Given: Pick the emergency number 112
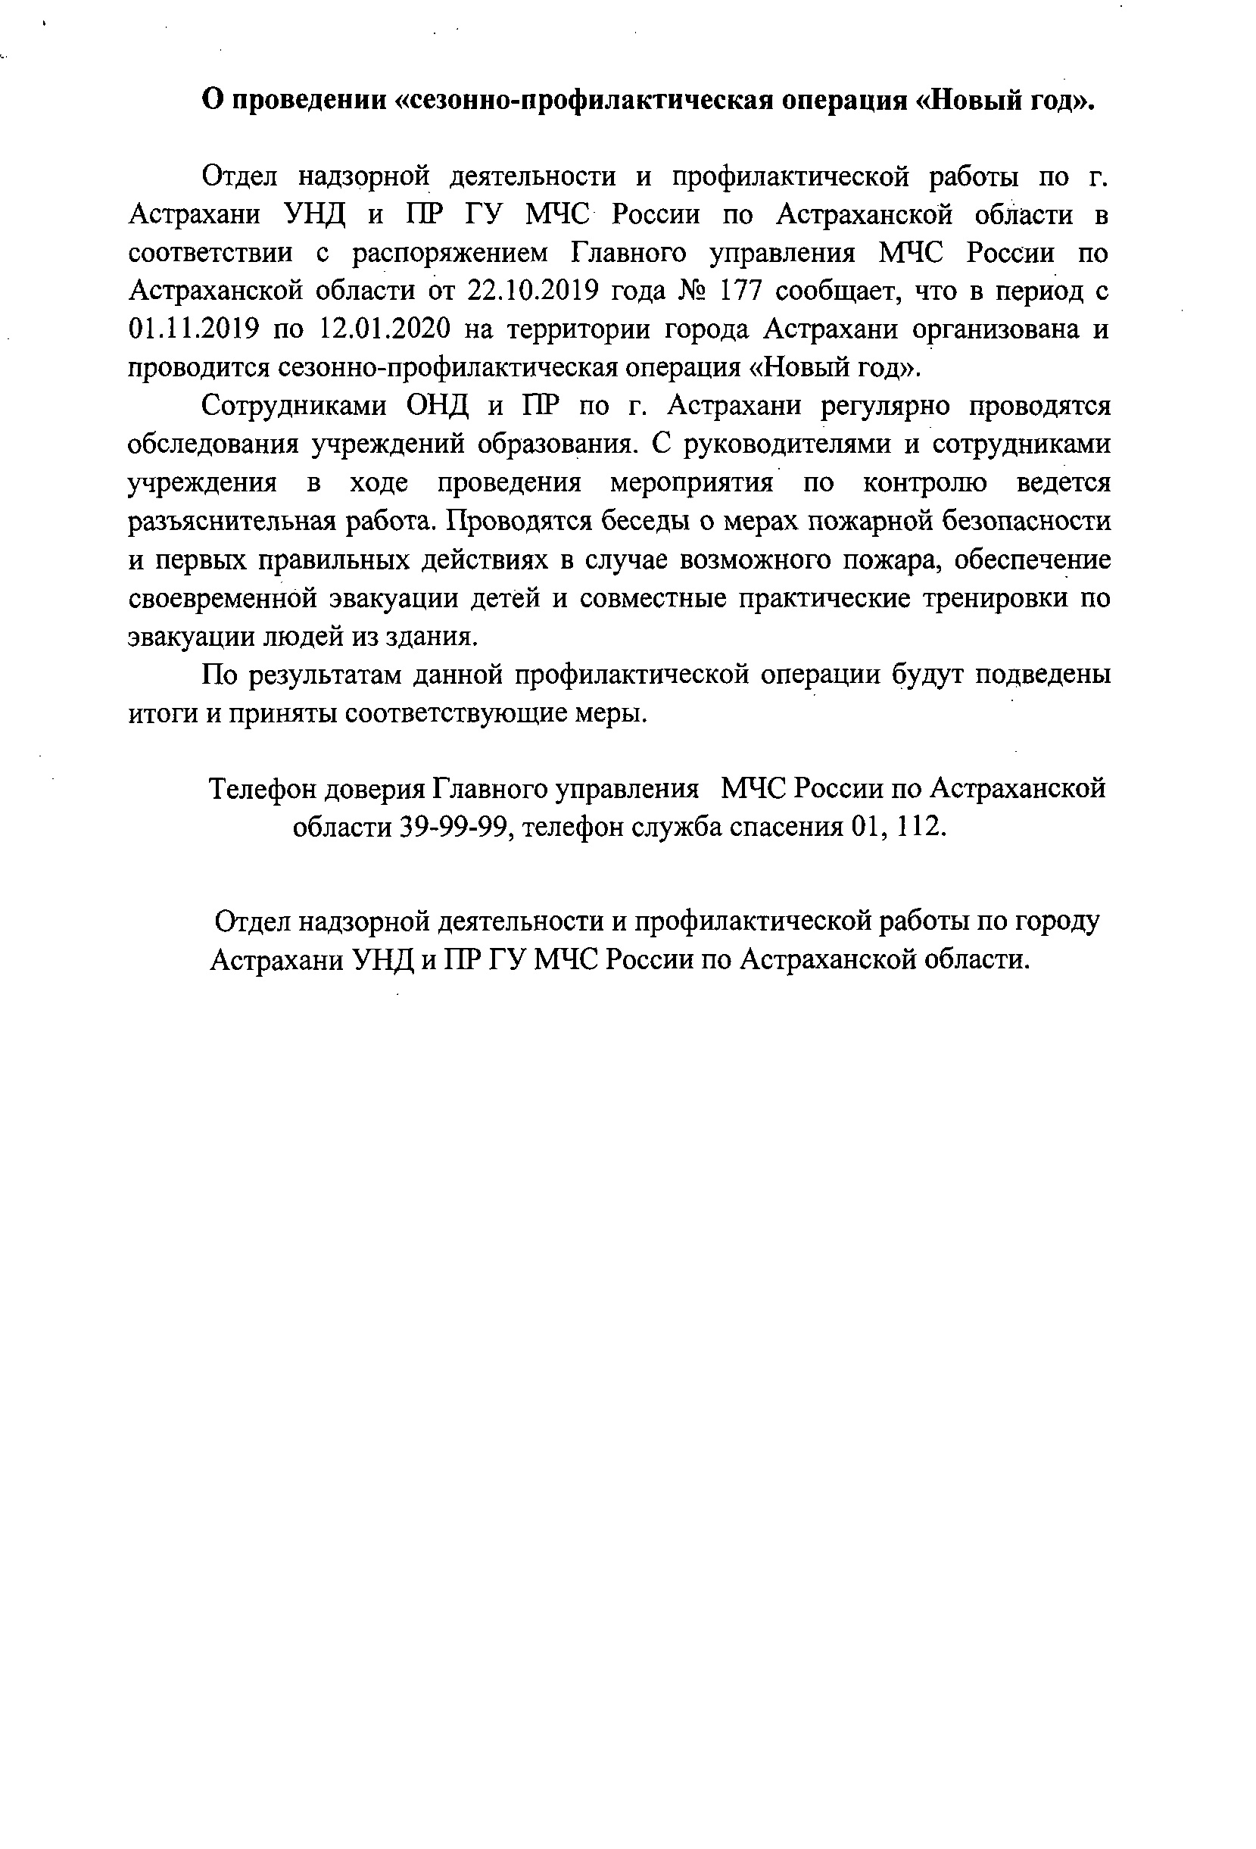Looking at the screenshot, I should pos(921,828).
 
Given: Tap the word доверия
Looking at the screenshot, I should pos(377,790).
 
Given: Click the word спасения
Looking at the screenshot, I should pos(777,828).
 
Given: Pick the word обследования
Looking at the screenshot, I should pos(213,445).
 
